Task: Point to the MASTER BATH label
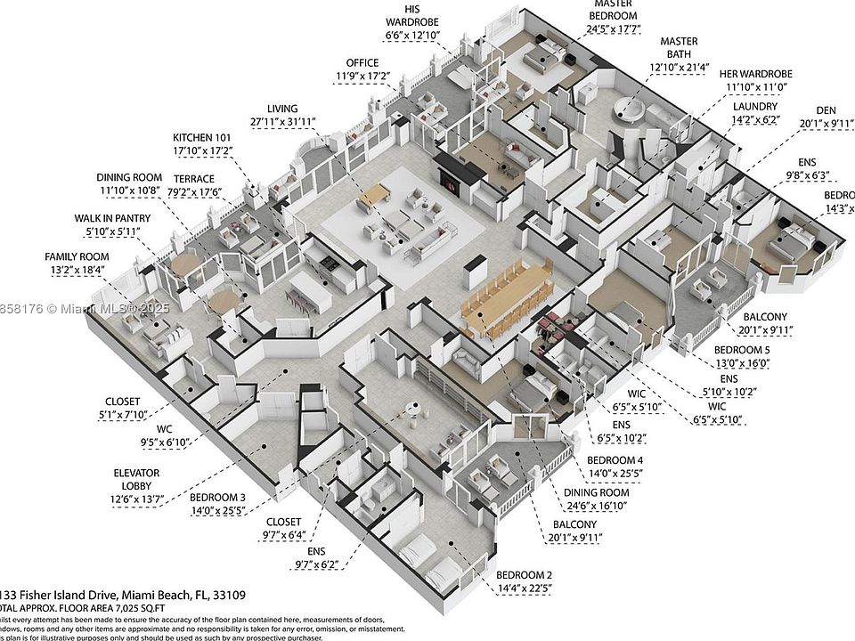pyautogui.click(x=679, y=42)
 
